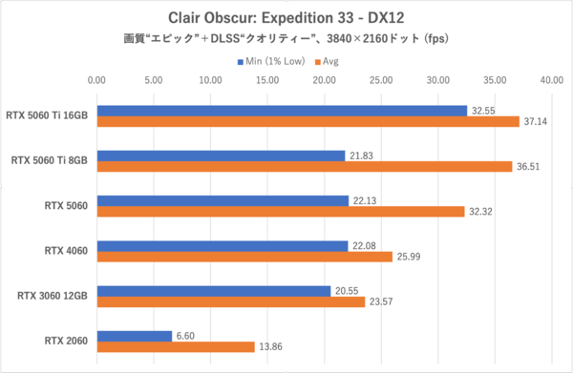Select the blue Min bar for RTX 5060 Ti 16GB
tap(282, 111)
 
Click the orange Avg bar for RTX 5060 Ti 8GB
tap(305, 166)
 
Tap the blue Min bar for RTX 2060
tap(135, 335)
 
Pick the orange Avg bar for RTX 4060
tap(244, 257)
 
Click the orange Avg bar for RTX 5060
tap(280, 212)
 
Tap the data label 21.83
tap(360, 155)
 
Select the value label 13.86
tap(272, 347)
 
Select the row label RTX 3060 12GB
tap(53, 296)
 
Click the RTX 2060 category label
tap(66, 341)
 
